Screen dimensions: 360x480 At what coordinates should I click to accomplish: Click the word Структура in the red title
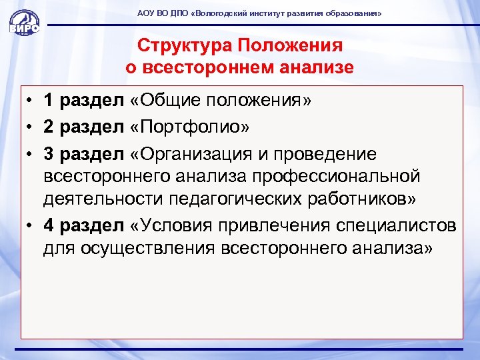(177, 45)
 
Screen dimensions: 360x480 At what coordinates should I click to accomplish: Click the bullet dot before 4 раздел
(31, 226)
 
